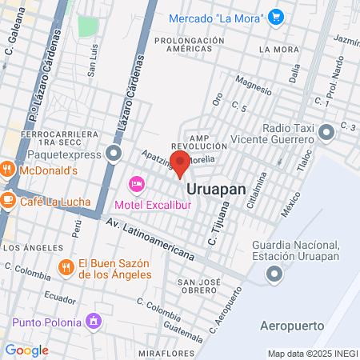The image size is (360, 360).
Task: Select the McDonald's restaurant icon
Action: coord(7,170)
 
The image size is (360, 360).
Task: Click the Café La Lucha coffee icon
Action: coord(7,198)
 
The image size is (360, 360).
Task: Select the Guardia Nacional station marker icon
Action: coord(274,275)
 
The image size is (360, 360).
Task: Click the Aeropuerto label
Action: coord(292,326)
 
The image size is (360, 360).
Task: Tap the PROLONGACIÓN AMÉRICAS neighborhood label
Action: coord(191,44)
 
